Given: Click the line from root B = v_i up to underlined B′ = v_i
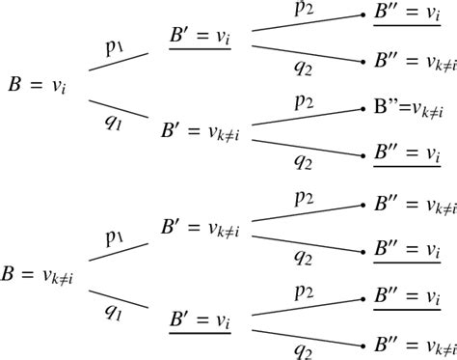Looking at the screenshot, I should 119,61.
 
